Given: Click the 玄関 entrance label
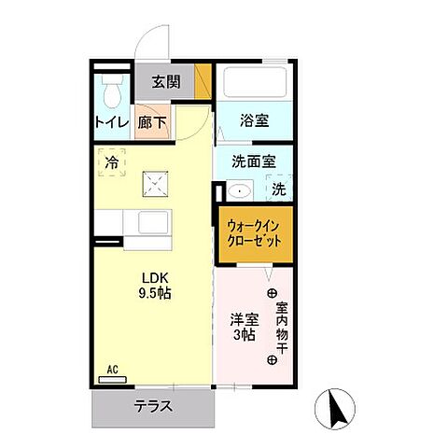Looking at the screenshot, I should tap(167, 82).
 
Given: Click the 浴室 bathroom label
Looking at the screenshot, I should tap(253, 120).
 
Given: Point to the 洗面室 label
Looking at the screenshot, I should tap(253, 161).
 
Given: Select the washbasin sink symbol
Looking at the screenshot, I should tap(240, 191).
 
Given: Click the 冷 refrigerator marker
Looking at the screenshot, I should tap(112, 163).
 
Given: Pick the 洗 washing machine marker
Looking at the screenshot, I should tap(278, 189).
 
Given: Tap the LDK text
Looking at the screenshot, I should tap(154, 277).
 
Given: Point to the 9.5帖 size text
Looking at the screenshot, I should tap(155, 293).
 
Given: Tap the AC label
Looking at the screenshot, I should tap(112, 369).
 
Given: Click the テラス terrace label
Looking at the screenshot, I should tap(151, 406).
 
